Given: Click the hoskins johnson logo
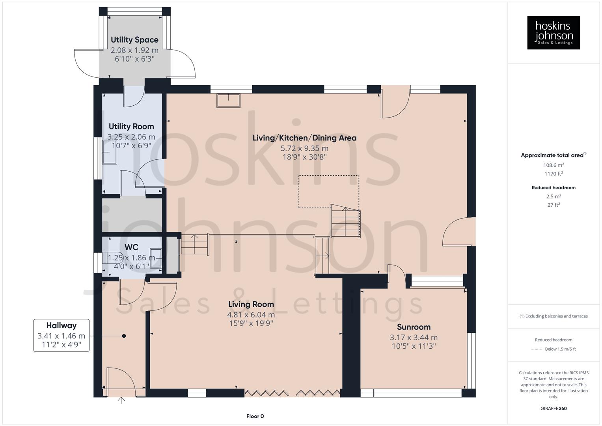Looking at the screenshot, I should pos(553,33).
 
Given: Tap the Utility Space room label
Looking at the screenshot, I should pos(134,40).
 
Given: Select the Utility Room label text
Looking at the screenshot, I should pos(131,127).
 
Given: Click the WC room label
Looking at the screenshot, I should pos(131,247).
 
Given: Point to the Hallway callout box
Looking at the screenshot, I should pos(61,335).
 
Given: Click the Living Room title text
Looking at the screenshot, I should pos(251,305).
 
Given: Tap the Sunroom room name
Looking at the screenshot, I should pos(414,327).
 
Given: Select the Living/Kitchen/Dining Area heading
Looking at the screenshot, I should pos(304,138).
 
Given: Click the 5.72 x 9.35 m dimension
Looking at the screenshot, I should pos(304,148).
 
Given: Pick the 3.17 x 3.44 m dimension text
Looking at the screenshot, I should pos(414,338).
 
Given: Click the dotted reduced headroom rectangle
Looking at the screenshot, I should pos(328,191).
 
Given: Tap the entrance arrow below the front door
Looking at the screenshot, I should pos(121,400).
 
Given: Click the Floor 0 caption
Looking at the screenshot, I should pos(255,416).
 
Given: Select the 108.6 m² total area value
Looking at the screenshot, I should pos(553,165).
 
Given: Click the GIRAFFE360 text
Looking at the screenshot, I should pos(553,409).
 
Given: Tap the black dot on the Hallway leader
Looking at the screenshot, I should pos(124,336).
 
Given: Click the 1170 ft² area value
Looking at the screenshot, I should pos(553,174).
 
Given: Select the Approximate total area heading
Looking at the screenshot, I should pos(553,155).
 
